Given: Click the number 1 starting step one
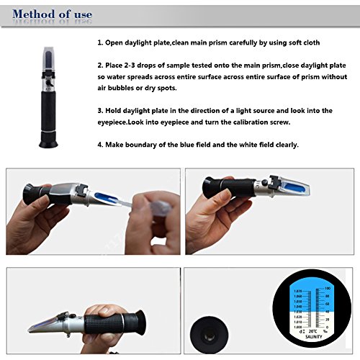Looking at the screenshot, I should (99, 43).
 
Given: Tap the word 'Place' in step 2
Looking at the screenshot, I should (117, 66).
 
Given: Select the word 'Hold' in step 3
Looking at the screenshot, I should (115, 110).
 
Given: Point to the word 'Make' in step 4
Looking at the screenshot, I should (117, 144).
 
